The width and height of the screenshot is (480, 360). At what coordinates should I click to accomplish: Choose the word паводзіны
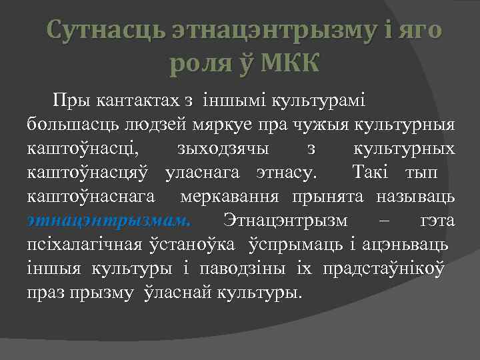223,268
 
